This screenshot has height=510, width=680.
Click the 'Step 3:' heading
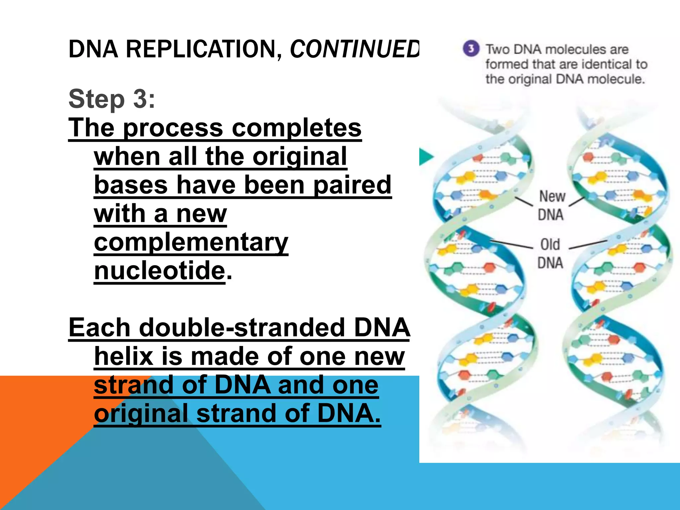click(112, 99)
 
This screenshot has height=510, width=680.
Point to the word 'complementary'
click(191, 242)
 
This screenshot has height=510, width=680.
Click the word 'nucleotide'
click(160, 271)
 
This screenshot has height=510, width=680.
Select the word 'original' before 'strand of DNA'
click(141, 414)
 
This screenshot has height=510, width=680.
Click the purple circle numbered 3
click(471, 49)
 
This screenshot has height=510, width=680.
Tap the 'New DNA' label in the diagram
click(551, 206)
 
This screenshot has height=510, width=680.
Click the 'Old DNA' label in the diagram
click(550, 254)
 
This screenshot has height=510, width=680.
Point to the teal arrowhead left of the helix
click(426, 157)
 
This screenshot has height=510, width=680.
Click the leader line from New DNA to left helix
click(524, 201)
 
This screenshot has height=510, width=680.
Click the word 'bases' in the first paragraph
click(131, 185)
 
